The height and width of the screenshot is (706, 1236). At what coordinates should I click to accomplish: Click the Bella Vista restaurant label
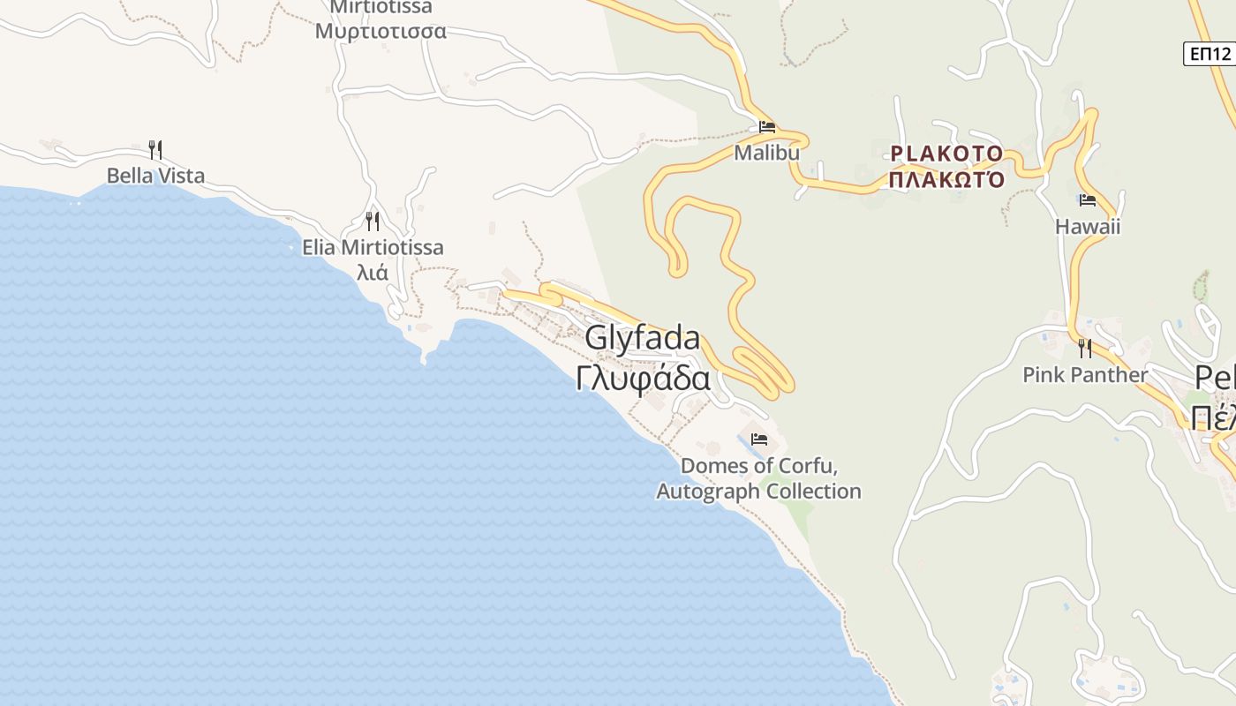[x=155, y=176]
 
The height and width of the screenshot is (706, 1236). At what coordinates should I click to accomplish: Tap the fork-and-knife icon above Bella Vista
[x=155, y=149]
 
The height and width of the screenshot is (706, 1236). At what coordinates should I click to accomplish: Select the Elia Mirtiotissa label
[x=373, y=247]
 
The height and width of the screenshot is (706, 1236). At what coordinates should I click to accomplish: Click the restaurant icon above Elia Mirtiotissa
[x=373, y=221]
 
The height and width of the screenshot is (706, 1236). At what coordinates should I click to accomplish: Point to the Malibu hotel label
[x=766, y=153]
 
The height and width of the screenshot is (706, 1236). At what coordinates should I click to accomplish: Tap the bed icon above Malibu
[x=766, y=127]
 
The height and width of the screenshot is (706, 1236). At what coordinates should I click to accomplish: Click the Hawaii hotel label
[x=1087, y=227]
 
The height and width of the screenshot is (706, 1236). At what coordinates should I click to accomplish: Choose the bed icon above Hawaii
[x=1087, y=201]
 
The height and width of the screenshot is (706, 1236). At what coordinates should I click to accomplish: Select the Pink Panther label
[x=1085, y=374]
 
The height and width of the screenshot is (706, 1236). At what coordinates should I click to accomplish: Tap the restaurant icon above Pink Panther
[x=1085, y=349]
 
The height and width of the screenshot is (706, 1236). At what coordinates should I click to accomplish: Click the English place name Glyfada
[x=643, y=338]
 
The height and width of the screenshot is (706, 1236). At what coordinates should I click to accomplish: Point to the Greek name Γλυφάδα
[x=643, y=378]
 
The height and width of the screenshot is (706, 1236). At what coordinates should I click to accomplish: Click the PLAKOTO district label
[x=946, y=154]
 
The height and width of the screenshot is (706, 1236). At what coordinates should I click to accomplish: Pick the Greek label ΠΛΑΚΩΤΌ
[x=946, y=180]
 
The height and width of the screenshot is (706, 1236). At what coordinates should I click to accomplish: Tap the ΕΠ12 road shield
[x=1209, y=54]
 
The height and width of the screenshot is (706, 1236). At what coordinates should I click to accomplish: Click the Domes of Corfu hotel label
[x=758, y=465]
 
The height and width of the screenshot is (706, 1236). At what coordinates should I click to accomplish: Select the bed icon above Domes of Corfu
[x=758, y=439]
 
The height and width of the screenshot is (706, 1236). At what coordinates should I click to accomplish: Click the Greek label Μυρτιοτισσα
[x=381, y=32]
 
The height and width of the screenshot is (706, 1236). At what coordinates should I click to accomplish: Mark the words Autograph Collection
[x=758, y=491]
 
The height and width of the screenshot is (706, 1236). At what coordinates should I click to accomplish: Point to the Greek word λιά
[x=372, y=272]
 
